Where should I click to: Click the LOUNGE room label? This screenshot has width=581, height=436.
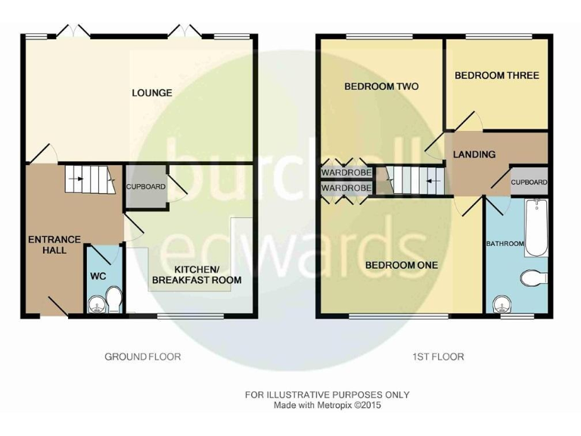pyautogui.click(x=152, y=93)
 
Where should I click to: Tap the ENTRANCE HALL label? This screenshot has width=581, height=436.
pyautogui.click(x=54, y=244)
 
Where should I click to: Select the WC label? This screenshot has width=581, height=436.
pyautogui.click(x=98, y=276)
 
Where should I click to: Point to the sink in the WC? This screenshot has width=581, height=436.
pyautogui.click(x=96, y=306)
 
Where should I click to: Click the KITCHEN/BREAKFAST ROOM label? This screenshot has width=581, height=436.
pyautogui.click(x=197, y=275)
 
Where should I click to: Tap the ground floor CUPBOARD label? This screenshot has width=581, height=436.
pyautogui.click(x=145, y=186)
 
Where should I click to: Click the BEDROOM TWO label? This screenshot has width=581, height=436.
pyautogui.click(x=381, y=86)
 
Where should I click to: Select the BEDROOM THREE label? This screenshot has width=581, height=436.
pyautogui.click(x=496, y=76)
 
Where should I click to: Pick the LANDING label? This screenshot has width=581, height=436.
pyautogui.click(x=474, y=154)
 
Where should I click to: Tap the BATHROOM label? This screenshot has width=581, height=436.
pyautogui.click(x=505, y=244)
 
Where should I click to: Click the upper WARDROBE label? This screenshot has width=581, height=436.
pyautogui.click(x=346, y=172)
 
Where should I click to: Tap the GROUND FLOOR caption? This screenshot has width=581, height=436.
pyautogui.click(x=142, y=357)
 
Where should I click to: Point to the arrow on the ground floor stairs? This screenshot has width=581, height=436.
pyautogui.click(x=76, y=179)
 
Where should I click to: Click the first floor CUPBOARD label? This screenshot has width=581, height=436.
pyautogui.click(x=530, y=182)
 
